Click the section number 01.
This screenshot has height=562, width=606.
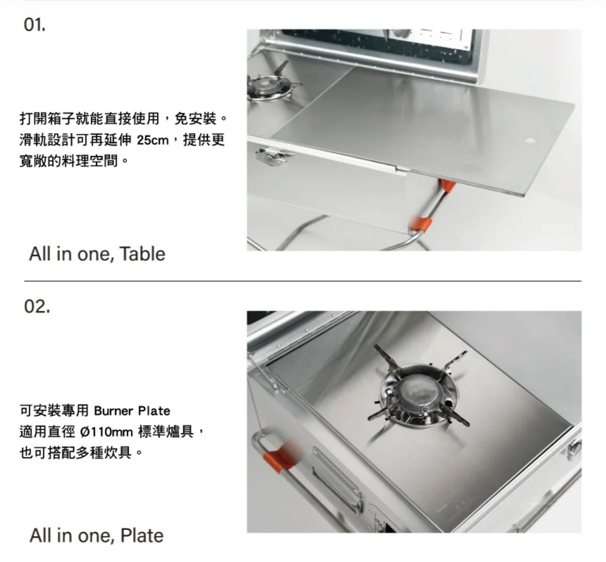coord(35,25)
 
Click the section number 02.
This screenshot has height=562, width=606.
coord(36,306)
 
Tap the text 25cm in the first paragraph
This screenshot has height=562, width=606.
coord(152,140)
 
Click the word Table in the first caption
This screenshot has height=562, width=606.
coord(142,254)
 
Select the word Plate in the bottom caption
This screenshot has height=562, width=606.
coord(142,535)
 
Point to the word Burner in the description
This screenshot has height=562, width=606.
coord(113,411)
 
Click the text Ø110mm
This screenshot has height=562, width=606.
coord(107,432)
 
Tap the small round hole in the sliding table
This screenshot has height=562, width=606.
coord(530,140)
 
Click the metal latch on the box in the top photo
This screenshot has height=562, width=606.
coord(272,156)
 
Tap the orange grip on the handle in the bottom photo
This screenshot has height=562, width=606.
coord(278,456)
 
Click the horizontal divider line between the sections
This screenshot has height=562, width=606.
coord(303,281)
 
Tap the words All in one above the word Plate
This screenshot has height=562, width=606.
coord(72,536)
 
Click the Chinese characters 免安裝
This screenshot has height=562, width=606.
coord(195,118)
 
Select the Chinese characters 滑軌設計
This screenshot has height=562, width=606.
coord(47,140)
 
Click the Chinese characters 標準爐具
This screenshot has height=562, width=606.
coord(166,432)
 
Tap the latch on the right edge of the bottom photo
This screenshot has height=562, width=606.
coord(574,449)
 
